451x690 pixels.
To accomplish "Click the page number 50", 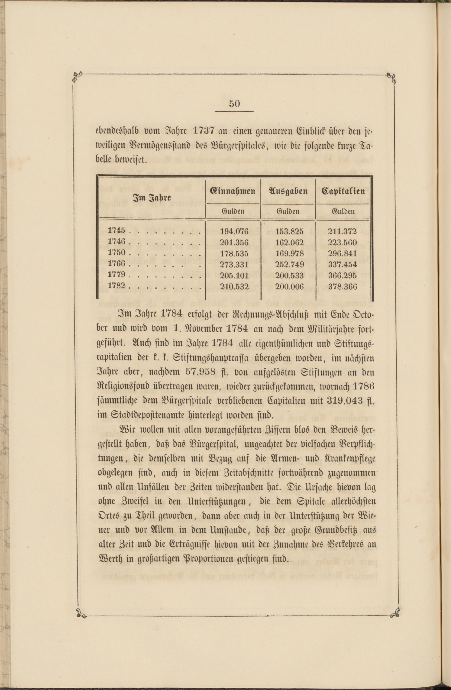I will click(x=234, y=104).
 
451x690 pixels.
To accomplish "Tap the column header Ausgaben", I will click(x=288, y=191).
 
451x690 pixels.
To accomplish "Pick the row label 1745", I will click(x=117, y=230).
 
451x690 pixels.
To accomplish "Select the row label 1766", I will click(x=117, y=264).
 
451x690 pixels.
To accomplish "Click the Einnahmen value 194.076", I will click(x=234, y=231).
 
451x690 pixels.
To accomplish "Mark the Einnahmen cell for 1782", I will click(x=234, y=287).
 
